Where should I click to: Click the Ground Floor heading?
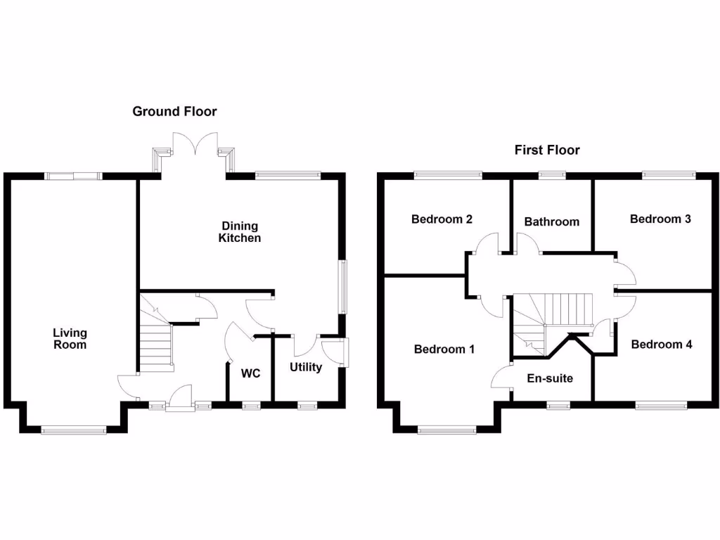point(174,111)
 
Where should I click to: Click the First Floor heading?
point(547,150)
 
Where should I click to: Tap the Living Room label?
point(70,339)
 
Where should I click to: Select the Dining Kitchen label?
point(240,232)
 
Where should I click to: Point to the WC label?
point(251,373)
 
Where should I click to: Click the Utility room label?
point(306,367)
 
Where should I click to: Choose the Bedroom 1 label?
point(444,349)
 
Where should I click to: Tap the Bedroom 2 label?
point(442,219)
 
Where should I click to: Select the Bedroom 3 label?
point(660,219)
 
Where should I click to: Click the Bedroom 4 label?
point(662,345)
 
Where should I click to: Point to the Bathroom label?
point(552,221)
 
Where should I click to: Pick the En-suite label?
point(550,378)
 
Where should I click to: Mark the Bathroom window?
point(552,174)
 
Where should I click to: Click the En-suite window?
point(559,405)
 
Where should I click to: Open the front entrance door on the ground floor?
point(179,398)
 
